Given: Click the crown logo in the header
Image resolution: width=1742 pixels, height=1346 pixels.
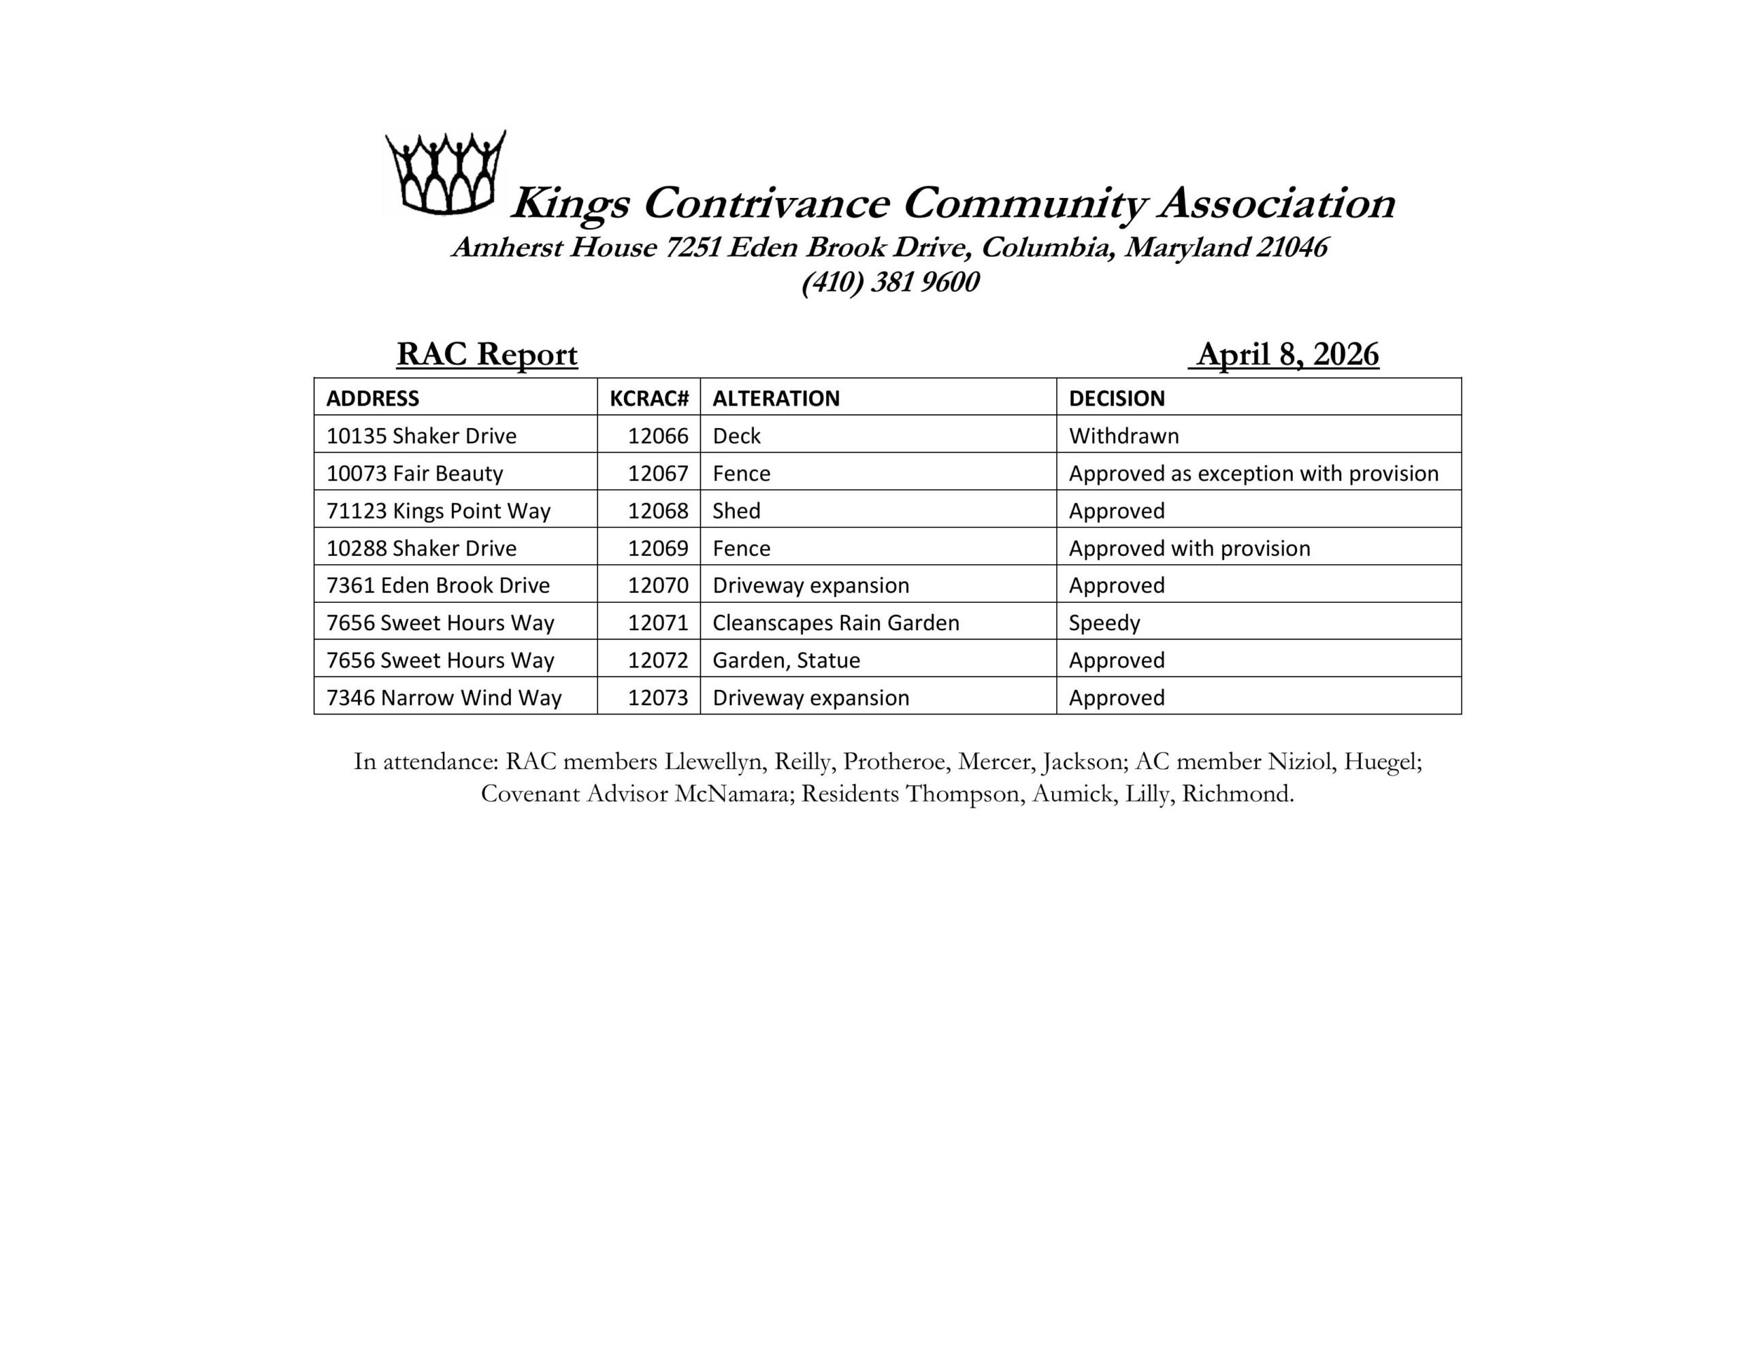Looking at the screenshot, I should (445, 173).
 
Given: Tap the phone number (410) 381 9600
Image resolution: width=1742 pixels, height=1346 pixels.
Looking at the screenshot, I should (890, 282).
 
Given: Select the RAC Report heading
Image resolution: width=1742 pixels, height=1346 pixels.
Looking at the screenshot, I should (487, 355).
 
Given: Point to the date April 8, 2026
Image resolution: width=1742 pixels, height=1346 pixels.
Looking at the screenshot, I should (1287, 355).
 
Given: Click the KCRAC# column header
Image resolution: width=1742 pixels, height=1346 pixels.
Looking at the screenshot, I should (648, 398).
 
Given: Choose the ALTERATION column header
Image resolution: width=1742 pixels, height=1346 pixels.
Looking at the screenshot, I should (775, 398).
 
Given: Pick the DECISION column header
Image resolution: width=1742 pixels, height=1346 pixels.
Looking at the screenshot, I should (1116, 398).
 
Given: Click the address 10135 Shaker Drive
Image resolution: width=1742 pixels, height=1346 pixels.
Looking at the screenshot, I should (421, 436).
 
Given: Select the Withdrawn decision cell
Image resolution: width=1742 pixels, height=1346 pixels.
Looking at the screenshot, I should (1123, 436).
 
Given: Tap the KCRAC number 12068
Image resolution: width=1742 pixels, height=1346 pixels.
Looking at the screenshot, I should (657, 510).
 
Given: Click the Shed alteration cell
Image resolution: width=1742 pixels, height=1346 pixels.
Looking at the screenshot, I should (736, 510).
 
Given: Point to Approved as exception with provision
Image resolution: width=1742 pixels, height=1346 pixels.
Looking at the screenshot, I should (1253, 473).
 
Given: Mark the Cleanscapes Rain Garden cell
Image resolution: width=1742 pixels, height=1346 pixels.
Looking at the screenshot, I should (835, 623).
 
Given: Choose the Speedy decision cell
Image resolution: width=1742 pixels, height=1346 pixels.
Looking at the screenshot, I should (1104, 623).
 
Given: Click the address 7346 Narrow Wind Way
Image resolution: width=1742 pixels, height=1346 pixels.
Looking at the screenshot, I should (444, 697).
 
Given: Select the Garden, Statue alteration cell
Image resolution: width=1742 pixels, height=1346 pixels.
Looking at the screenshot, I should (786, 660).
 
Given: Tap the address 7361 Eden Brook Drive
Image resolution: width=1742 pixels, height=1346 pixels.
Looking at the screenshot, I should (438, 585).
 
